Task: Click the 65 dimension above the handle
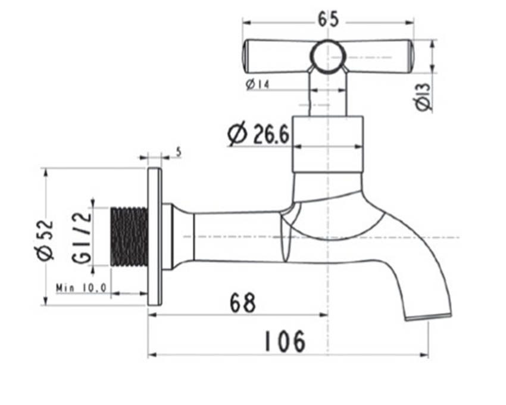[x=327, y=20]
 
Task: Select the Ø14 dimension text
[x=257, y=85]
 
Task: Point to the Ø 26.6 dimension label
[x=258, y=134]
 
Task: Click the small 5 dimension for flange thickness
[x=179, y=153]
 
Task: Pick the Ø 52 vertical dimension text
[x=45, y=240]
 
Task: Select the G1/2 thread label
[x=82, y=237]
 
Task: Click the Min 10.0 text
[x=81, y=288]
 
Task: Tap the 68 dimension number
[x=242, y=302]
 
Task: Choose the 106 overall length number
[x=285, y=341]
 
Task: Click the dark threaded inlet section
[x=130, y=237]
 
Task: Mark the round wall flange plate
[x=154, y=237]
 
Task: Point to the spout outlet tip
[x=428, y=315]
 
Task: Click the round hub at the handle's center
[x=327, y=57]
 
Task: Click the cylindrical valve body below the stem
[x=327, y=144]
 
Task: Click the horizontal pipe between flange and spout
[x=238, y=237]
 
